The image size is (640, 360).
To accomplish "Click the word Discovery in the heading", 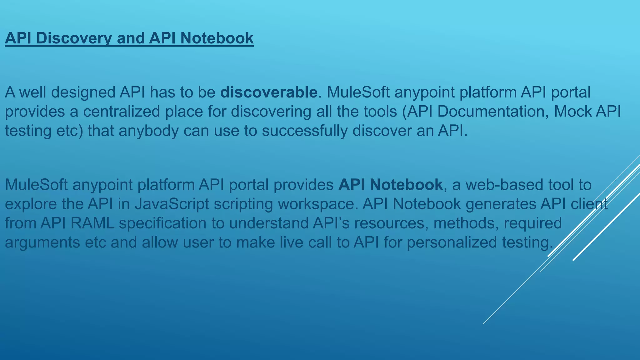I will [x=74, y=38].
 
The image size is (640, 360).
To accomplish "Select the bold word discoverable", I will [x=269, y=92].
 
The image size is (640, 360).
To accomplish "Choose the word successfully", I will [x=304, y=131].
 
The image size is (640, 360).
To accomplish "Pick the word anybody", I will [x=148, y=131].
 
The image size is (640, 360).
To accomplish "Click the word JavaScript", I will [x=172, y=204].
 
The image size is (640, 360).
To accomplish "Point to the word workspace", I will [x=317, y=204].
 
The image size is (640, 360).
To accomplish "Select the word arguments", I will [x=42, y=242].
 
